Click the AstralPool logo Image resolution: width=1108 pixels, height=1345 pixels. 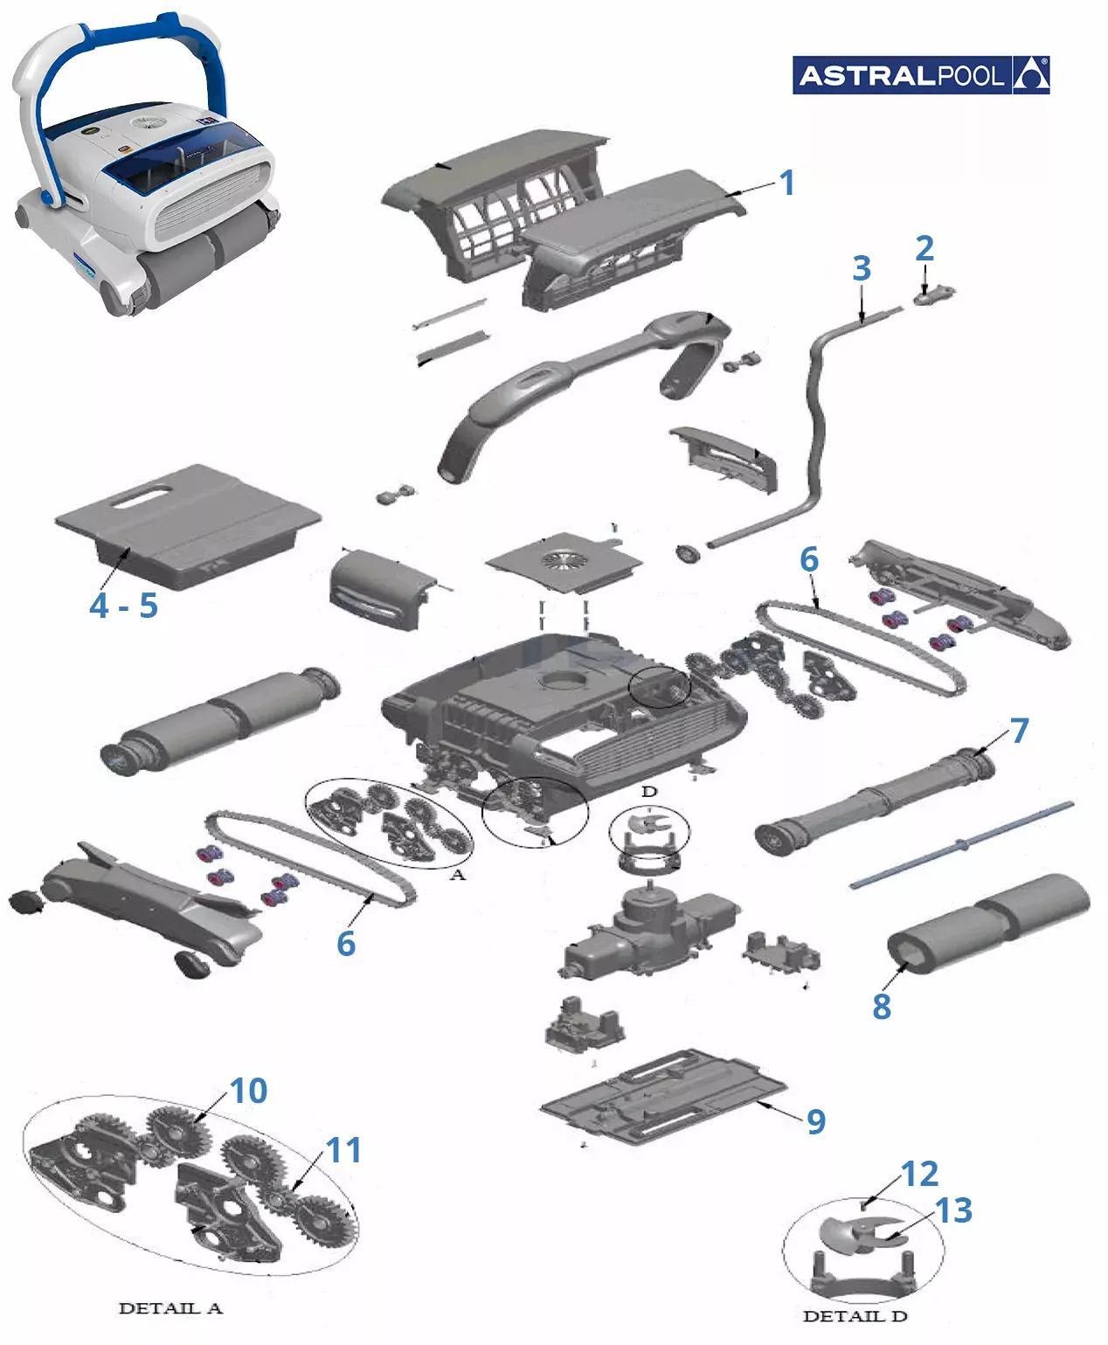pyautogui.click(x=920, y=75)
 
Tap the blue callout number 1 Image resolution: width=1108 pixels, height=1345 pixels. pyautogui.click(x=786, y=183)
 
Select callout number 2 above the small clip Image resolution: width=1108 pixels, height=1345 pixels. pyautogui.click(x=924, y=248)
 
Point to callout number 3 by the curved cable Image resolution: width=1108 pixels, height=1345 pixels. pyautogui.click(x=862, y=268)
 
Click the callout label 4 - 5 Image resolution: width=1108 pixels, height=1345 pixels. pyautogui.click(x=124, y=606)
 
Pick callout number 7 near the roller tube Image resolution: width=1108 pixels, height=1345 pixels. pyautogui.click(x=1019, y=731)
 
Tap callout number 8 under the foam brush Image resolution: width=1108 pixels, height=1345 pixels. pyautogui.click(x=882, y=1006)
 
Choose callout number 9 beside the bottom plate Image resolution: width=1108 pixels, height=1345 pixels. pyautogui.click(x=816, y=1121)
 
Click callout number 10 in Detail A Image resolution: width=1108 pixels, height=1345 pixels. pyautogui.click(x=248, y=1091)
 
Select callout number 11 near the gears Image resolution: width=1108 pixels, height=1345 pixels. pyautogui.click(x=343, y=1150)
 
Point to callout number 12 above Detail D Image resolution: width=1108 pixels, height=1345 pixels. pyautogui.click(x=919, y=1174)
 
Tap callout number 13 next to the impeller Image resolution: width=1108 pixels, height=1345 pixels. pyautogui.click(x=953, y=1210)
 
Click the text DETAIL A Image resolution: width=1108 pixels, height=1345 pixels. pyautogui.click(x=170, y=1308)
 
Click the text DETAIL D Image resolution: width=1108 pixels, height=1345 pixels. pyautogui.click(x=855, y=1316)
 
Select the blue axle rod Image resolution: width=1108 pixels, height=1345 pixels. pyautogui.click(x=962, y=845)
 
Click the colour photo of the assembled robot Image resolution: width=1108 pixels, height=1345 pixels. pyautogui.click(x=146, y=164)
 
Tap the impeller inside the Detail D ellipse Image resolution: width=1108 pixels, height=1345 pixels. pyautogui.click(x=862, y=1233)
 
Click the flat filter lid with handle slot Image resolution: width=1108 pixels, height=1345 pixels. pyautogui.click(x=188, y=525)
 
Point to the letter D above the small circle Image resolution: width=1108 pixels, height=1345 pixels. pyautogui.click(x=648, y=792)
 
